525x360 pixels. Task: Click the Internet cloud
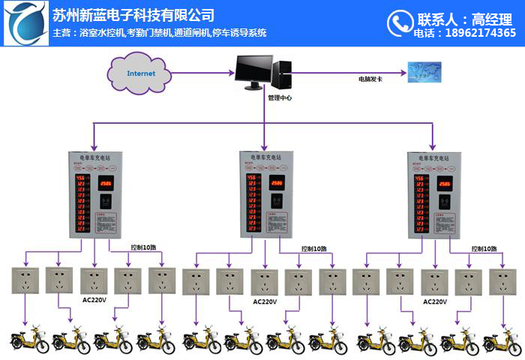141,73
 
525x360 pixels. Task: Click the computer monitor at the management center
248,71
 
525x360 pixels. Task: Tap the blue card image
424,72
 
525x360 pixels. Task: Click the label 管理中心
280,97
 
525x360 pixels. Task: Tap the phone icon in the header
397,23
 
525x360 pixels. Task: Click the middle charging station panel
264,192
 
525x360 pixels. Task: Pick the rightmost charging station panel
433,192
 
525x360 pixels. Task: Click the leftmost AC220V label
94,300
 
